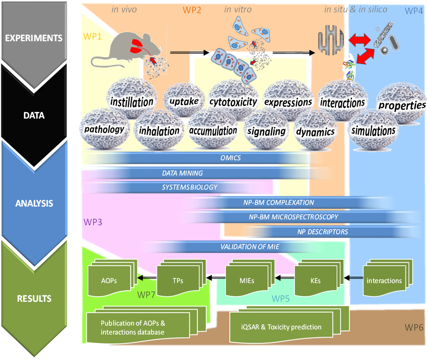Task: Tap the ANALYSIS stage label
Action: pyautogui.click(x=34, y=203)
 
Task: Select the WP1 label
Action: pyautogui.click(x=93, y=37)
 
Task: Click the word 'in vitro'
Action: pyautogui.click(x=238, y=9)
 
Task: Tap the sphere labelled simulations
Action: pyautogui.click(x=373, y=130)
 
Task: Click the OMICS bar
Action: pyautogui.click(x=230, y=158)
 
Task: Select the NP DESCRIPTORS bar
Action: pyautogui.click(x=322, y=232)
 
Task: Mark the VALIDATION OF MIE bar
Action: pyautogui.click(x=250, y=247)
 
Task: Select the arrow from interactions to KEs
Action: pyautogui.click(x=353, y=278)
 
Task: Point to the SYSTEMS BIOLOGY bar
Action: pyautogui.click(x=189, y=187)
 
